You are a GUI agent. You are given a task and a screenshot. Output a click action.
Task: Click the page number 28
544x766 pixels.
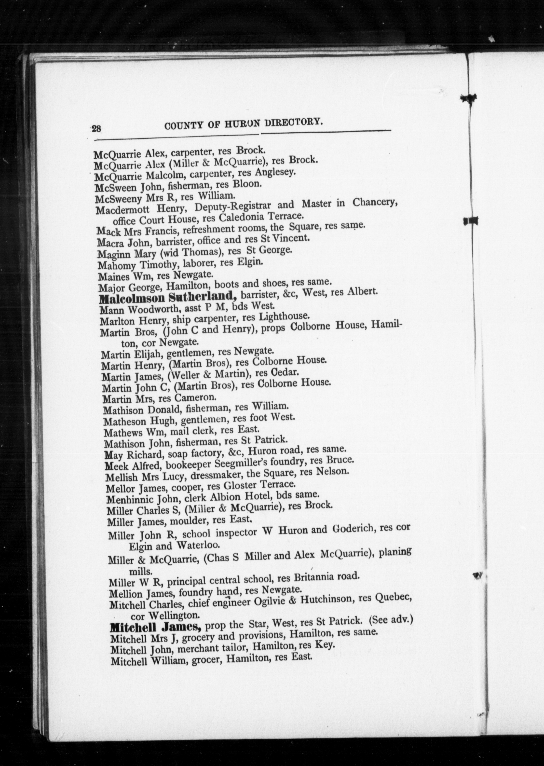click(x=96, y=129)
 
